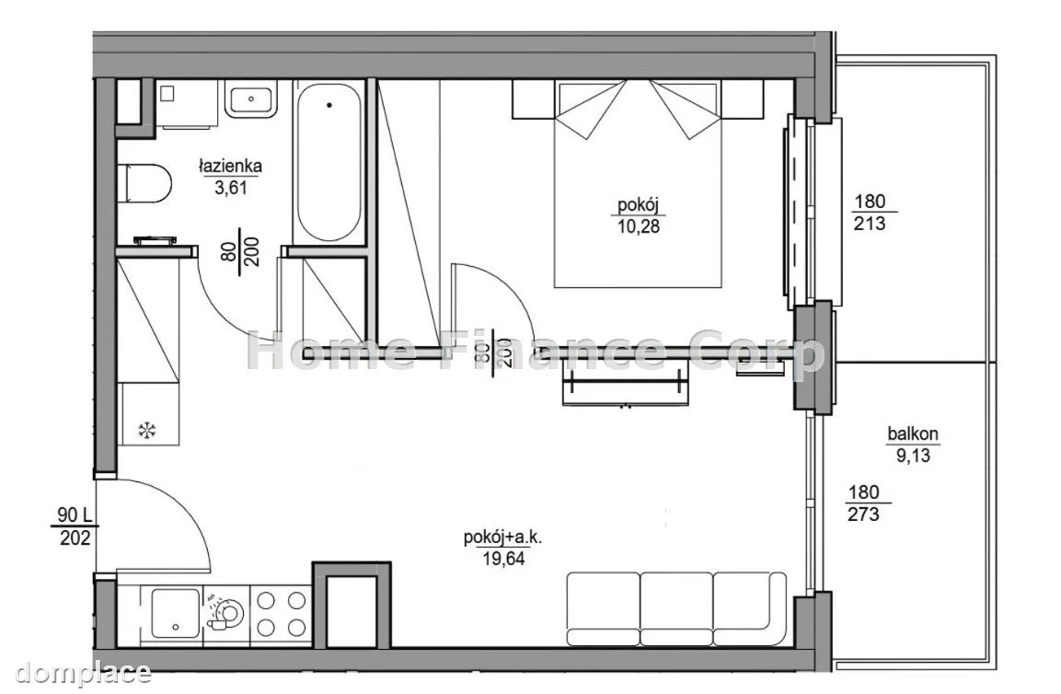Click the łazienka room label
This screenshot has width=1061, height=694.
coord(230,166)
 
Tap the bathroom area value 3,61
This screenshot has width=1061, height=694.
coord(231,188)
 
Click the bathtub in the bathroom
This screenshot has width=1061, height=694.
coord(328,161)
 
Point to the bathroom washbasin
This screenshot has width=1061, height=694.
coord(251,99)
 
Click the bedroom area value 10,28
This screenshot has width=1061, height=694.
coord(638,226)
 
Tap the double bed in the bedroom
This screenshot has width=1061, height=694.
coord(638,184)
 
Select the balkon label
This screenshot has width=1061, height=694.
coord(913,434)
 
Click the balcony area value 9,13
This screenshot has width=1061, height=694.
coord(914,456)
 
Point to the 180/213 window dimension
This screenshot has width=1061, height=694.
coord(870,212)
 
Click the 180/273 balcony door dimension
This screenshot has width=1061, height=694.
coord(864,503)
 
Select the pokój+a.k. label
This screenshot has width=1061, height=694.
coord(503,538)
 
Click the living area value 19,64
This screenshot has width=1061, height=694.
coord(503,559)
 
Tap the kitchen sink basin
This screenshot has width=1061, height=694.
coord(175,612)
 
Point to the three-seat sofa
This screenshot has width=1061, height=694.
coord(676,608)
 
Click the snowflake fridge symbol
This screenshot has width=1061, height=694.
coord(146,429)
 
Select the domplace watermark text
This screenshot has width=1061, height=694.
coord(83,673)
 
